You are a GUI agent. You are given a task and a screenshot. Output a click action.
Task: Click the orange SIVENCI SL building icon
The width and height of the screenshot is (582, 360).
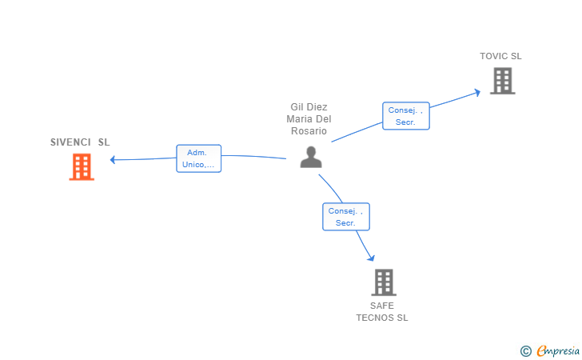pos(82,166)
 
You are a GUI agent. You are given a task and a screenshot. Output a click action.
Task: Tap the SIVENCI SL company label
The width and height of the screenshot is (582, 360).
pos(80,142)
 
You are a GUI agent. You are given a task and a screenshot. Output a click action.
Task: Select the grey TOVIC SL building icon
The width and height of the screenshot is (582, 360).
pos(502,81)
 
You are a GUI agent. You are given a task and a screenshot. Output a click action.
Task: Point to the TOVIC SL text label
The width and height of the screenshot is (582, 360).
pos(500,56)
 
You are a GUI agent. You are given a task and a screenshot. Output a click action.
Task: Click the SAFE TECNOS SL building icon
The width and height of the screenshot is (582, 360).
pos(384,282)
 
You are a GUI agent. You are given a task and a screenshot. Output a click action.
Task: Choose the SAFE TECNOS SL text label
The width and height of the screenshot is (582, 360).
pos(382,311)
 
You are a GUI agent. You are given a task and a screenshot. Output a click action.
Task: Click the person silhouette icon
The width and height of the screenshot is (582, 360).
pos(310,157)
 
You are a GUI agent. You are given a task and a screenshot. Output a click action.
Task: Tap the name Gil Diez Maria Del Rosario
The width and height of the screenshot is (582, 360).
pos(309,119)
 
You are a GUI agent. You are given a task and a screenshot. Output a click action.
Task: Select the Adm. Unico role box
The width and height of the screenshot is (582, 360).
pos(198,158)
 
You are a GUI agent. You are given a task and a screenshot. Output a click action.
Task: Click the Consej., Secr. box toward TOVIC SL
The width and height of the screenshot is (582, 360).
pos(406,116)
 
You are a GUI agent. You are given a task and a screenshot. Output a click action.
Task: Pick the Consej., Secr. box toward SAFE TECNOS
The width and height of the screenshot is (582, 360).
pos(346,217)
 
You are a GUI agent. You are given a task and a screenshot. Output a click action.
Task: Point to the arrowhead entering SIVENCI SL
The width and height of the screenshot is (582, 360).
pos(113,159)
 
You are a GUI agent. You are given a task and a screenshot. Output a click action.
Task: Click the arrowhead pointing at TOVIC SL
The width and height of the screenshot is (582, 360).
pos(477,91)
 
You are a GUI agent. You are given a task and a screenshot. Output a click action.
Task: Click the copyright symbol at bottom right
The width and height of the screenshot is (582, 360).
pos(526,350)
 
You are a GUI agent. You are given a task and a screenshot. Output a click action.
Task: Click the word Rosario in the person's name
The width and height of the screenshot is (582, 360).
pos(309,131)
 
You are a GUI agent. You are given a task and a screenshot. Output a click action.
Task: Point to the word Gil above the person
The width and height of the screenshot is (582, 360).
pos(297,107)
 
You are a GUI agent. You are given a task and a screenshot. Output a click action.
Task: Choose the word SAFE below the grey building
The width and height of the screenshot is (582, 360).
pos(382,306)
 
